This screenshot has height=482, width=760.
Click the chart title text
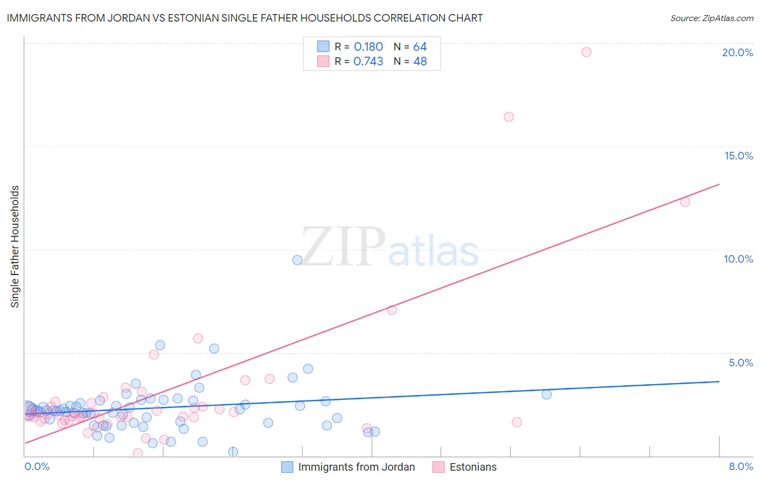(244, 18)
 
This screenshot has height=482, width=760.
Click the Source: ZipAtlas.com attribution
(711, 18)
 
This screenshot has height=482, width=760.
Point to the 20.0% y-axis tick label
(737, 52)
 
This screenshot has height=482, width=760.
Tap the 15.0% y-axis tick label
(738, 156)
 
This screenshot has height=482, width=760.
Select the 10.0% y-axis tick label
(738, 259)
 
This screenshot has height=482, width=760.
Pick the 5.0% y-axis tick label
(741, 363)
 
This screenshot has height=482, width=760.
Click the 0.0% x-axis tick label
(37, 466)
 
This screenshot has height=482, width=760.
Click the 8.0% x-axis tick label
(741, 466)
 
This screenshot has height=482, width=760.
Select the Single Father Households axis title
(15, 246)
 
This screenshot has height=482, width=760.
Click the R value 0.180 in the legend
(368, 47)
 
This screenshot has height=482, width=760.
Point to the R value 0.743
(368, 62)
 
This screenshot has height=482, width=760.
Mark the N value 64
(420, 47)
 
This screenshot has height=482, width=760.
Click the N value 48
(420, 62)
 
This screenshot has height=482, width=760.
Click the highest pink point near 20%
(586, 52)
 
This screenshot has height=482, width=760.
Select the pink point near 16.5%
(509, 117)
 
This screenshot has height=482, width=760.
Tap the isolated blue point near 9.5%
(297, 260)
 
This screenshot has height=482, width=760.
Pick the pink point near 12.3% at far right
(685, 202)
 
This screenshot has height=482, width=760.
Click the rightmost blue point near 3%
(546, 394)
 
